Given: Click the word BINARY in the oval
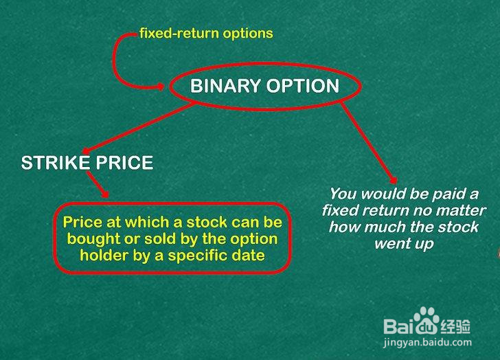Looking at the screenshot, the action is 225,86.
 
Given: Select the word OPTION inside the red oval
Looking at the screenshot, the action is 303,86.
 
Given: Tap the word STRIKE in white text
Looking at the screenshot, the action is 56,163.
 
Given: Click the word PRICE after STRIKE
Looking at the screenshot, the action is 125,163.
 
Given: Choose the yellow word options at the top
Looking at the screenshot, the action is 248,34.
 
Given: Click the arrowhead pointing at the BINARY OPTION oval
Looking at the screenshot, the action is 161,86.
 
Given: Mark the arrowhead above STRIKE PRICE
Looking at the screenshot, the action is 85,151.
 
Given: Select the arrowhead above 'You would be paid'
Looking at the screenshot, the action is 394,180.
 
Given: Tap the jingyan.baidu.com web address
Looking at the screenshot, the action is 427,343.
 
